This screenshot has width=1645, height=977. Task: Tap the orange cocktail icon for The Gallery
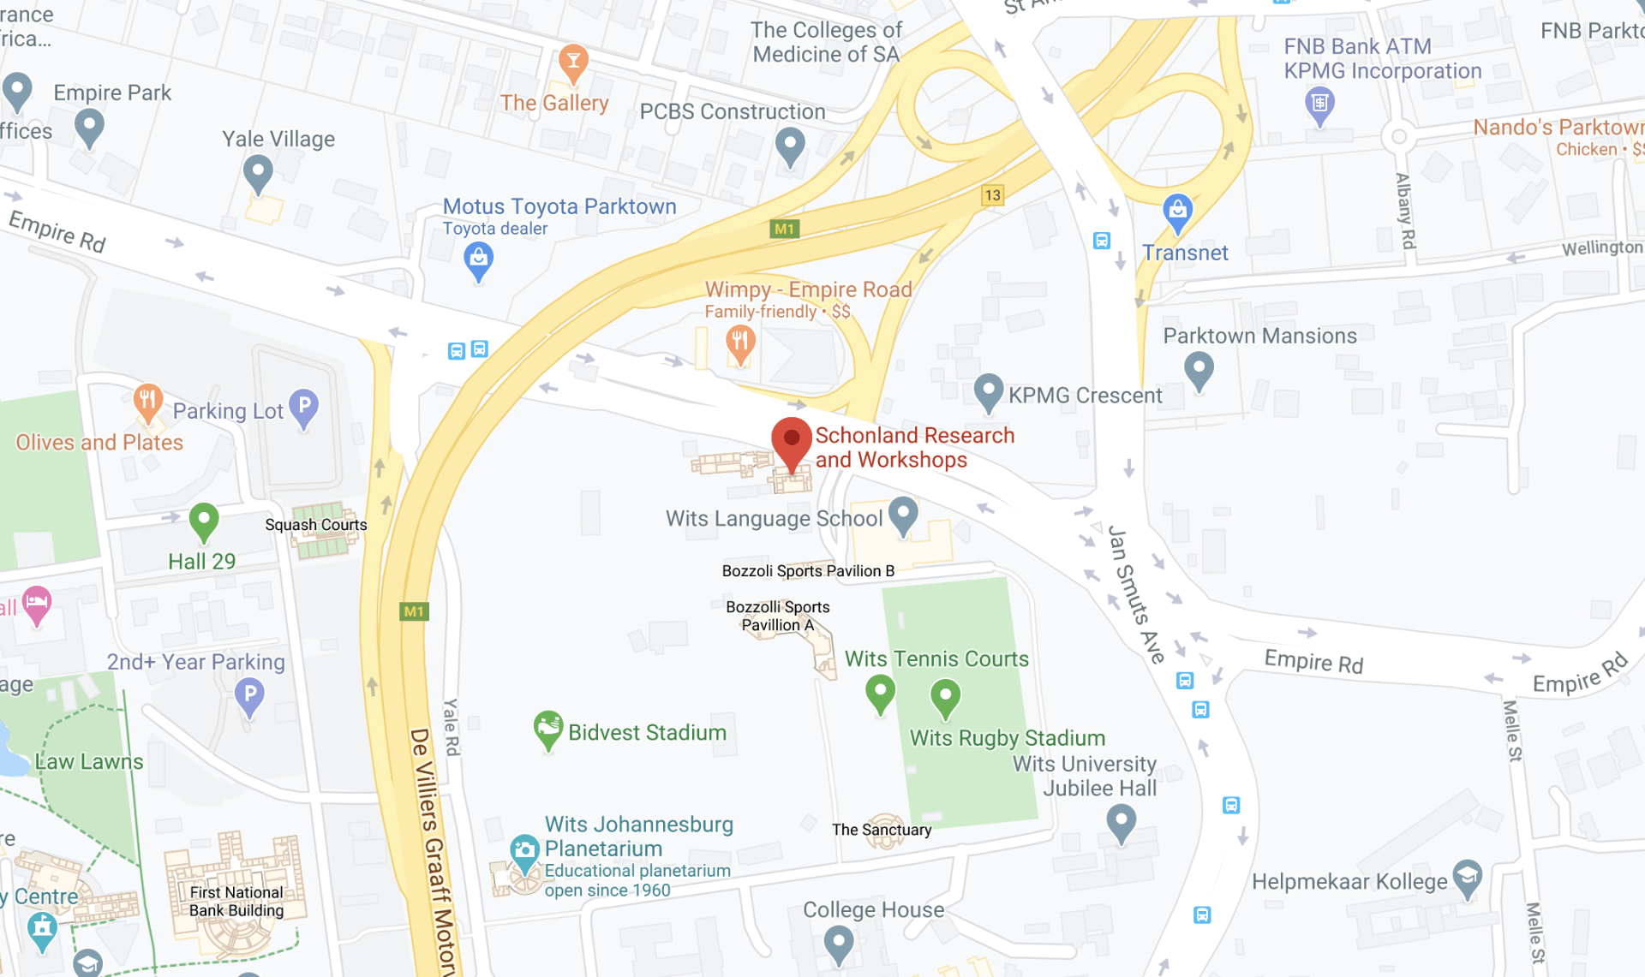click(573, 63)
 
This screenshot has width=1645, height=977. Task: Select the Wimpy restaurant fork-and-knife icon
click(740, 343)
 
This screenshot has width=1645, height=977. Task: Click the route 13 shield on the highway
click(992, 195)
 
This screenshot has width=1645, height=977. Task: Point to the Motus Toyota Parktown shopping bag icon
click(478, 259)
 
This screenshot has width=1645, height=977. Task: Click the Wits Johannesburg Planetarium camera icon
click(523, 850)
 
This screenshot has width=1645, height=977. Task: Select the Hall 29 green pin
click(203, 520)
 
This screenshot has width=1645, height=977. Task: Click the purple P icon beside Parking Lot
click(304, 407)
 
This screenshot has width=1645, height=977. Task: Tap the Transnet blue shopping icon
click(1177, 211)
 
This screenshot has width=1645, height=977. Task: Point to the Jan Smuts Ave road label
click(1135, 594)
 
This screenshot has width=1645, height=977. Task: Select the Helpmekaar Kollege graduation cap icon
click(1467, 878)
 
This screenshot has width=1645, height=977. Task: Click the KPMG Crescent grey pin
click(988, 390)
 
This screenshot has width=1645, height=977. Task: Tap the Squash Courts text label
click(315, 525)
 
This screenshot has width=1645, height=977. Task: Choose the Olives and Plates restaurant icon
click(148, 401)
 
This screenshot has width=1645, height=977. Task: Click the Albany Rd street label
click(1405, 211)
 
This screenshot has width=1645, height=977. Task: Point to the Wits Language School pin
click(903, 514)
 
